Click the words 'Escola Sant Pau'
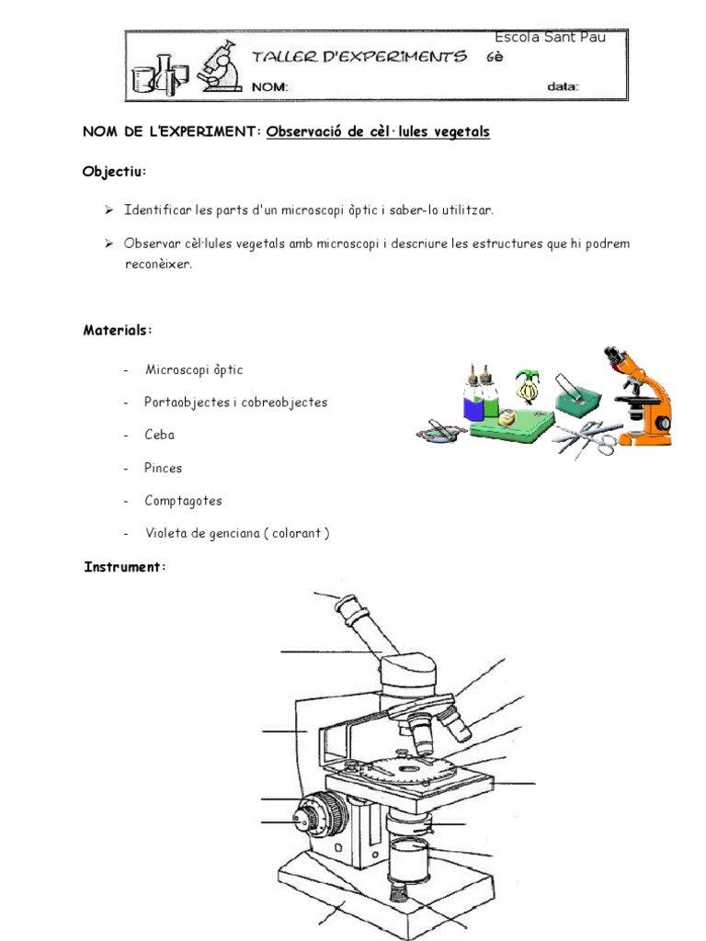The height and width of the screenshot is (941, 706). (x=550, y=38)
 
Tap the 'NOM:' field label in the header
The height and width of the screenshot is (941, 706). (x=270, y=87)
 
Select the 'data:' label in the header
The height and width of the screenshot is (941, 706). (x=564, y=87)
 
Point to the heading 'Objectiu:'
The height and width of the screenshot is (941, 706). (x=114, y=172)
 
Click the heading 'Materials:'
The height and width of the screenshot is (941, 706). (x=118, y=330)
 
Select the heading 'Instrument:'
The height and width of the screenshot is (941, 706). (x=124, y=567)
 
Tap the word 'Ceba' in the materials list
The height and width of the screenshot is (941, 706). (x=159, y=435)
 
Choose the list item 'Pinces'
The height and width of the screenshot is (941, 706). (x=164, y=468)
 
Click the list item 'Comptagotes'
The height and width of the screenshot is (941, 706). (x=183, y=501)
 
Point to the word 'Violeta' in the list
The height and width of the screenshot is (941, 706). (x=165, y=534)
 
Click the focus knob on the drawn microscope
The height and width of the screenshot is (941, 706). (x=318, y=813)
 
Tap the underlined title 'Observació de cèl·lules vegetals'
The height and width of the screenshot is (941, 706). (x=378, y=132)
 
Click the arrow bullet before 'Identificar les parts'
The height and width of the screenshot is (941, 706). (x=109, y=210)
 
